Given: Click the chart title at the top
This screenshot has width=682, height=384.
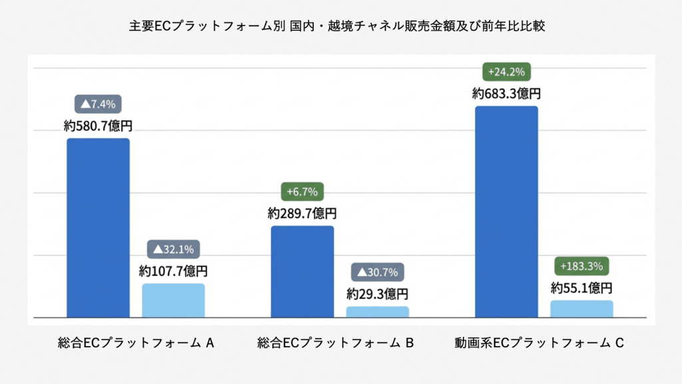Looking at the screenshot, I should (341, 26).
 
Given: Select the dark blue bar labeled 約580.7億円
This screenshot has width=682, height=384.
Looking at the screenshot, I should (98, 227).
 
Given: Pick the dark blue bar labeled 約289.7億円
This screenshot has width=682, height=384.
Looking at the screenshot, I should (302, 271).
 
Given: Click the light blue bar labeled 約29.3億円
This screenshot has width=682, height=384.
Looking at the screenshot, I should (378, 311).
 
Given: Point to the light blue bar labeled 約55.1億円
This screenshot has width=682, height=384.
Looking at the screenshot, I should (581, 309).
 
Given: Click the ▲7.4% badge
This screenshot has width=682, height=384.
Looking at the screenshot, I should (98, 104).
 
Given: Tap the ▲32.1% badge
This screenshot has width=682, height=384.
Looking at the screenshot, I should (173, 250).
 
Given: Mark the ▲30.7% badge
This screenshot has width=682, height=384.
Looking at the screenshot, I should (378, 272).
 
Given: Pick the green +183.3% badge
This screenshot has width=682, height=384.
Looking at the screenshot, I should (581, 266).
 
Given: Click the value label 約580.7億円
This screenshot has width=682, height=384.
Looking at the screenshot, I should (98, 125).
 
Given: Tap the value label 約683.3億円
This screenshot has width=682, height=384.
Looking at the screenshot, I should (506, 93).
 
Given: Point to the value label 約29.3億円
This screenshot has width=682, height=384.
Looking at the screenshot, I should (378, 293).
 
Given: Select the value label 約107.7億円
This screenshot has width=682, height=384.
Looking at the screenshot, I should (173, 271).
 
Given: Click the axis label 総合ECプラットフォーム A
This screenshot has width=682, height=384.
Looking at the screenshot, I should (136, 343).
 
